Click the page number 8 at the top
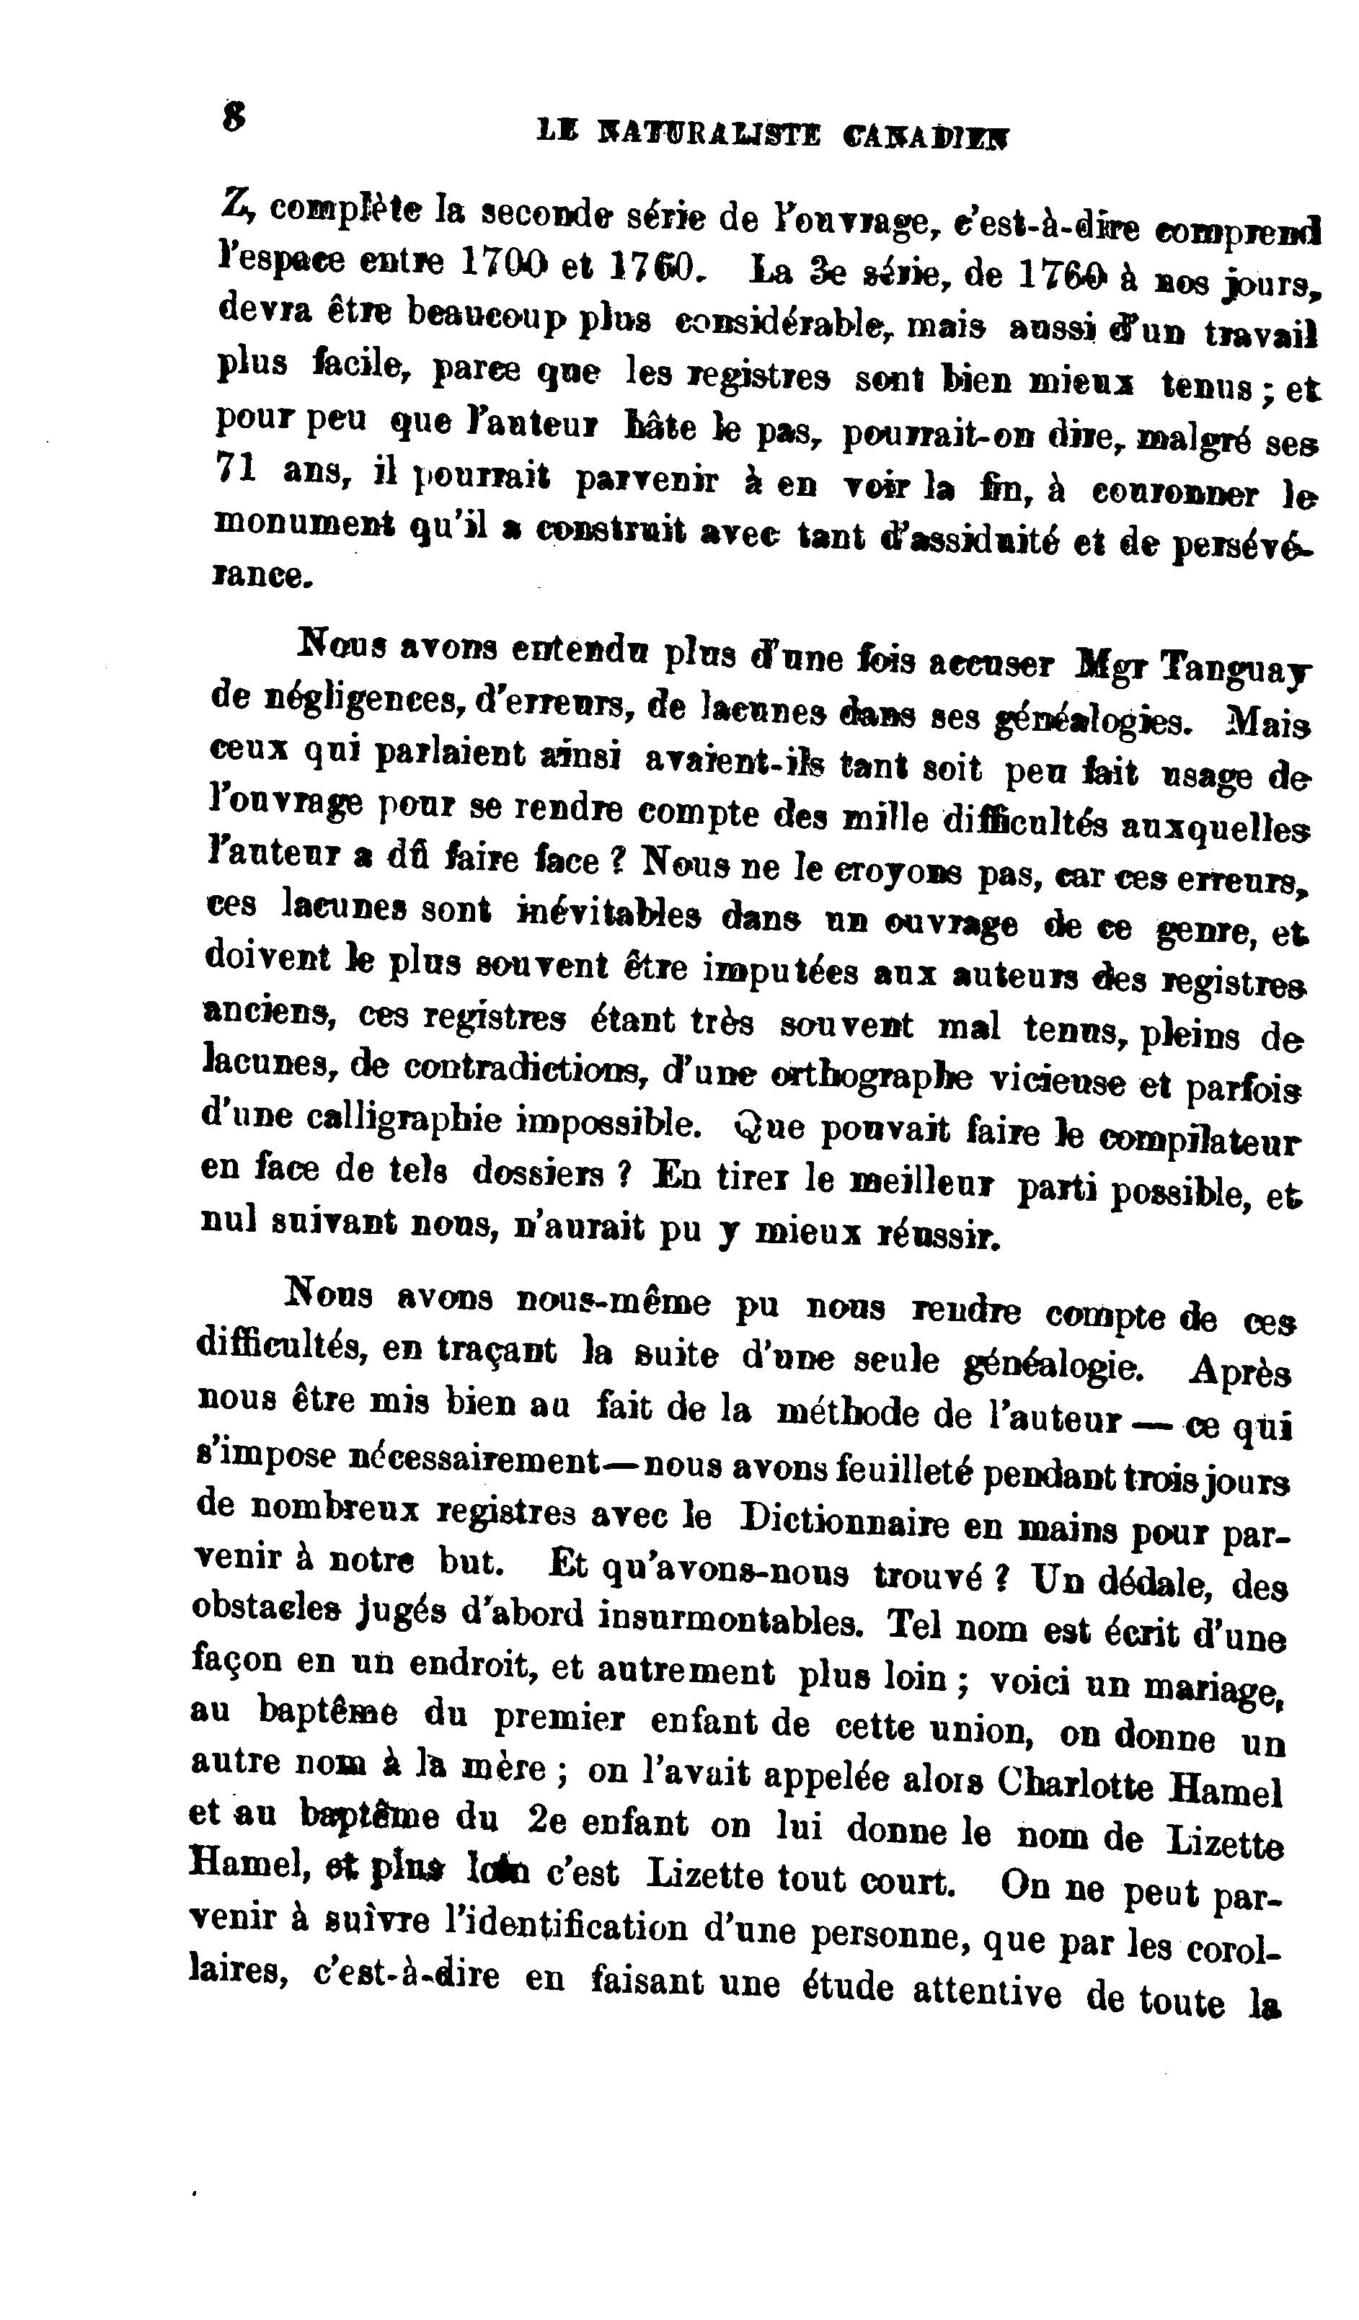pos(234,116)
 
